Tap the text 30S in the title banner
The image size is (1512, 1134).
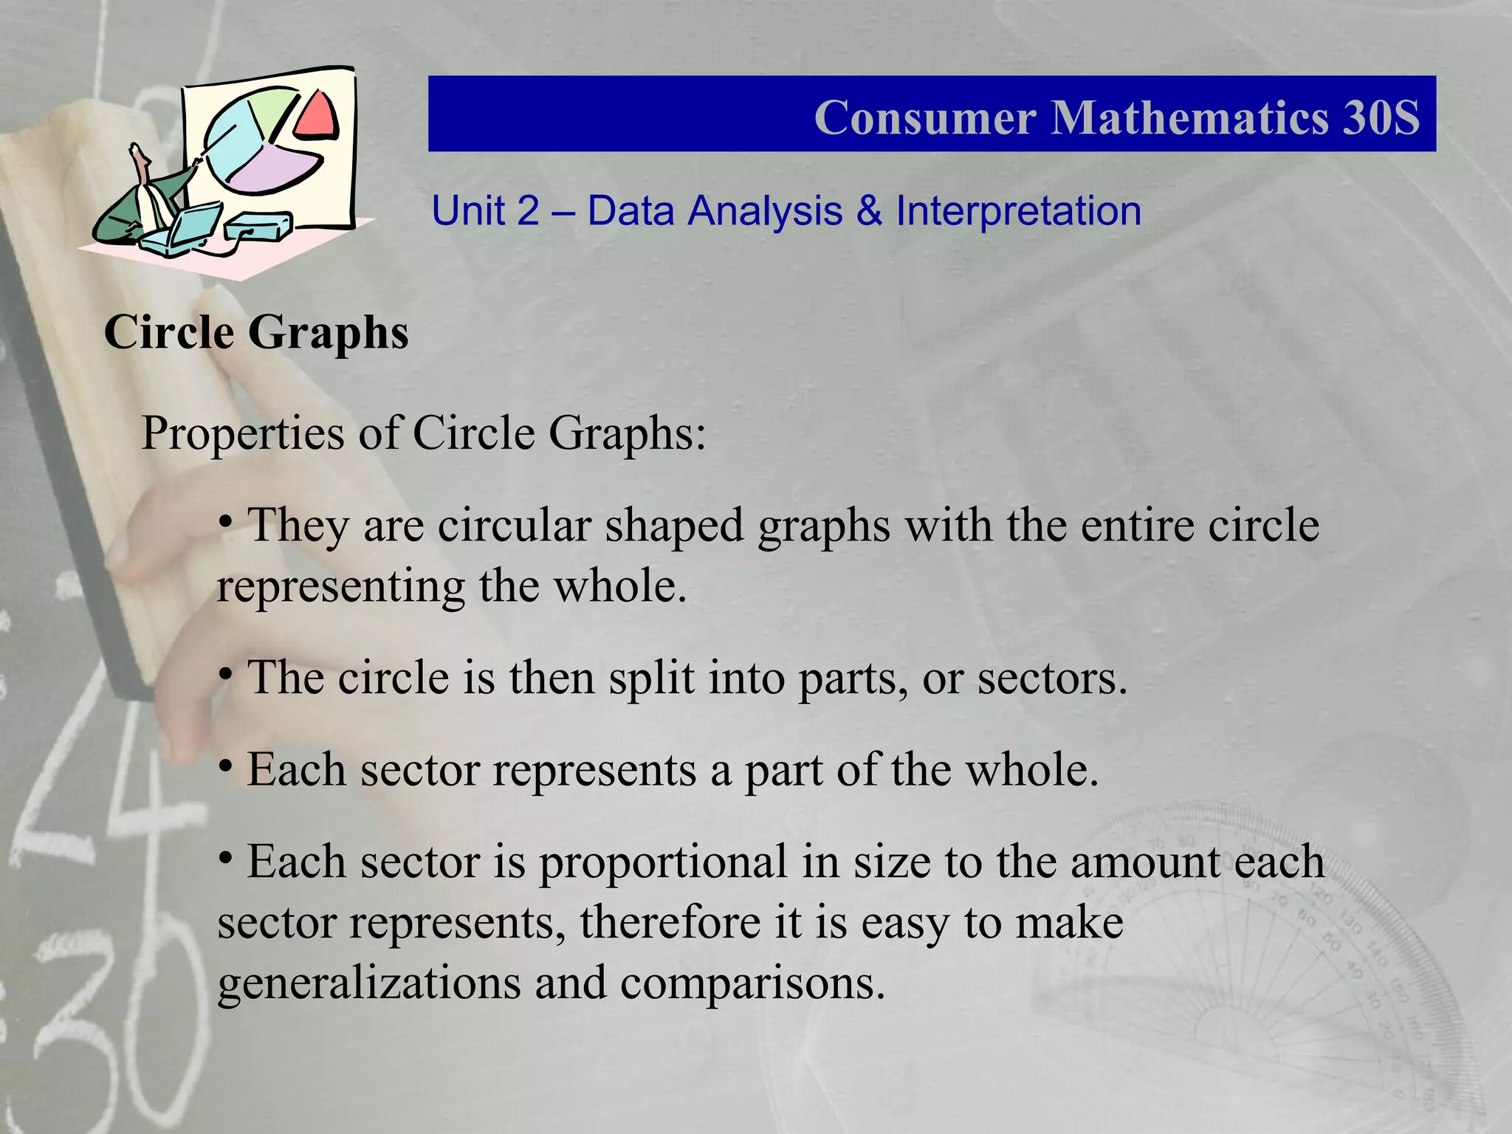tap(1380, 117)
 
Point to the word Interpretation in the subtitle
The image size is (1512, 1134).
tap(1018, 211)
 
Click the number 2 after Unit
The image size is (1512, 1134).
tap(528, 211)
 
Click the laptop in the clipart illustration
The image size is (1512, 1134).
tap(185, 229)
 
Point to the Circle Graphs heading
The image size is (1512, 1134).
tap(256, 332)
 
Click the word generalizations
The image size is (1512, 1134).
tap(369, 983)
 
